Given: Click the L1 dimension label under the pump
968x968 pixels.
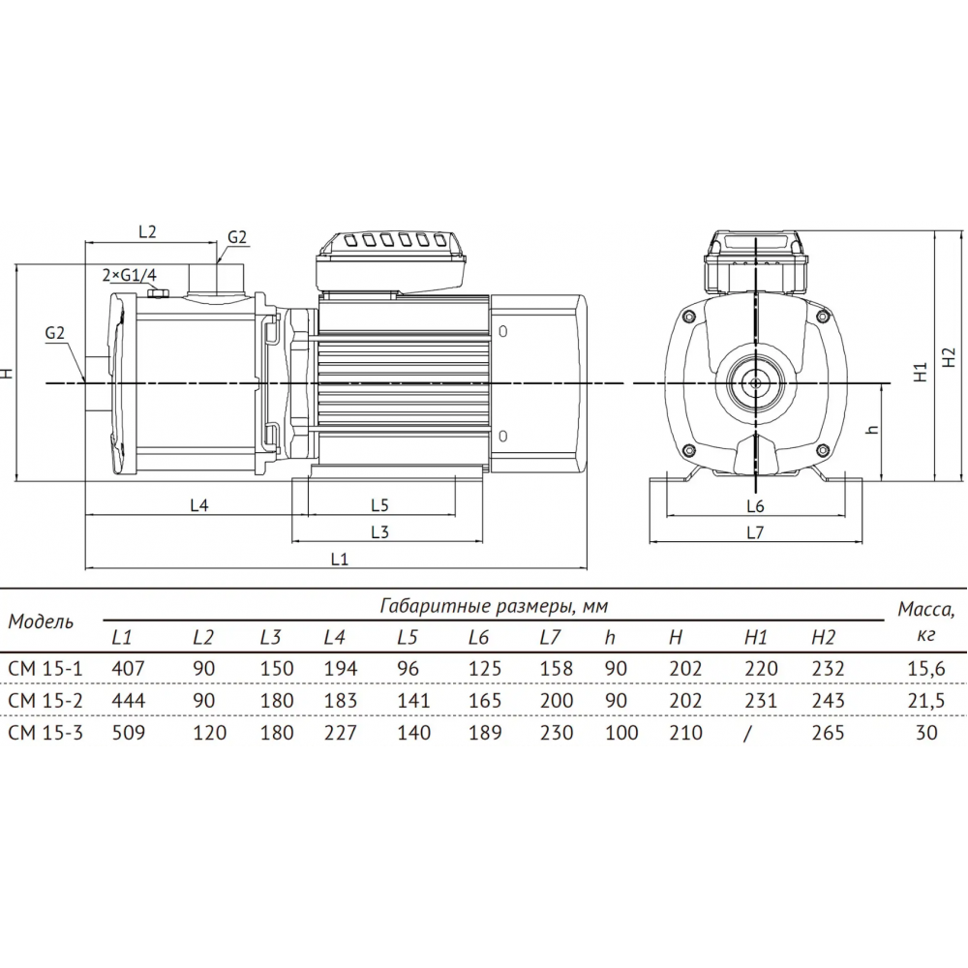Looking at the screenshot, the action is tap(340, 559).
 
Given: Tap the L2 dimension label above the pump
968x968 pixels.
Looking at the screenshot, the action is tap(147, 231).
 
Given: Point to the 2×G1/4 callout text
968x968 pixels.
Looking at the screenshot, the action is tap(130, 275).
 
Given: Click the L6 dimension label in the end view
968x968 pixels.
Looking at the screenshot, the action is tap(755, 506).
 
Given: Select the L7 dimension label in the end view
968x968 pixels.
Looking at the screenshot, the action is tap(755, 532).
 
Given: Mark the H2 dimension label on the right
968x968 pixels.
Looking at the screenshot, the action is tap(950, 357).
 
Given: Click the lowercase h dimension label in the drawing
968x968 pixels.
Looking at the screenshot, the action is tap(872, 429).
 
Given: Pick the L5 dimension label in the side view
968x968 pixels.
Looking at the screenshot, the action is tap(379, 505).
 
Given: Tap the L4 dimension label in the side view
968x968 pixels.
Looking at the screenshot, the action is tap(198, 505).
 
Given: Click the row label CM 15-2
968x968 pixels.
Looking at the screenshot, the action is tap(45, 700).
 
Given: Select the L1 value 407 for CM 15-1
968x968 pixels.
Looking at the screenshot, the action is tap(129, 668).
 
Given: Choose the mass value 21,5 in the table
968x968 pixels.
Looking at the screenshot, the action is tap(926, 701).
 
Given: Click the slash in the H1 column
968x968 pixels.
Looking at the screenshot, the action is tap(748, 733).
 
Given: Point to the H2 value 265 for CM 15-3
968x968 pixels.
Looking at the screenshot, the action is tap(828, 732).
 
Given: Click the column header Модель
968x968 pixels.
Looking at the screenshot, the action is tap(41, 621).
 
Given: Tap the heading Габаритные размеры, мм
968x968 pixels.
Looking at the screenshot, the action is tap(494, 606).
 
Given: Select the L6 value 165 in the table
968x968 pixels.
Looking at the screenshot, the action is tap(485, 700).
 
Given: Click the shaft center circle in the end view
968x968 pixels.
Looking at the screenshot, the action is tap(755, 382).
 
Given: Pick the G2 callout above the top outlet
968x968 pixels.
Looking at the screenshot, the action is tap(237, 238).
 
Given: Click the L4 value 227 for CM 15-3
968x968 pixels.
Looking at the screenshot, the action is tap(340, 732).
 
